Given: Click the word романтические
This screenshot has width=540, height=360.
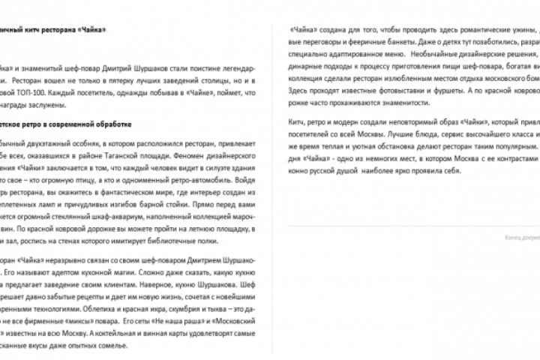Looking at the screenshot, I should pyautogui.click(x=458, y=32).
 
